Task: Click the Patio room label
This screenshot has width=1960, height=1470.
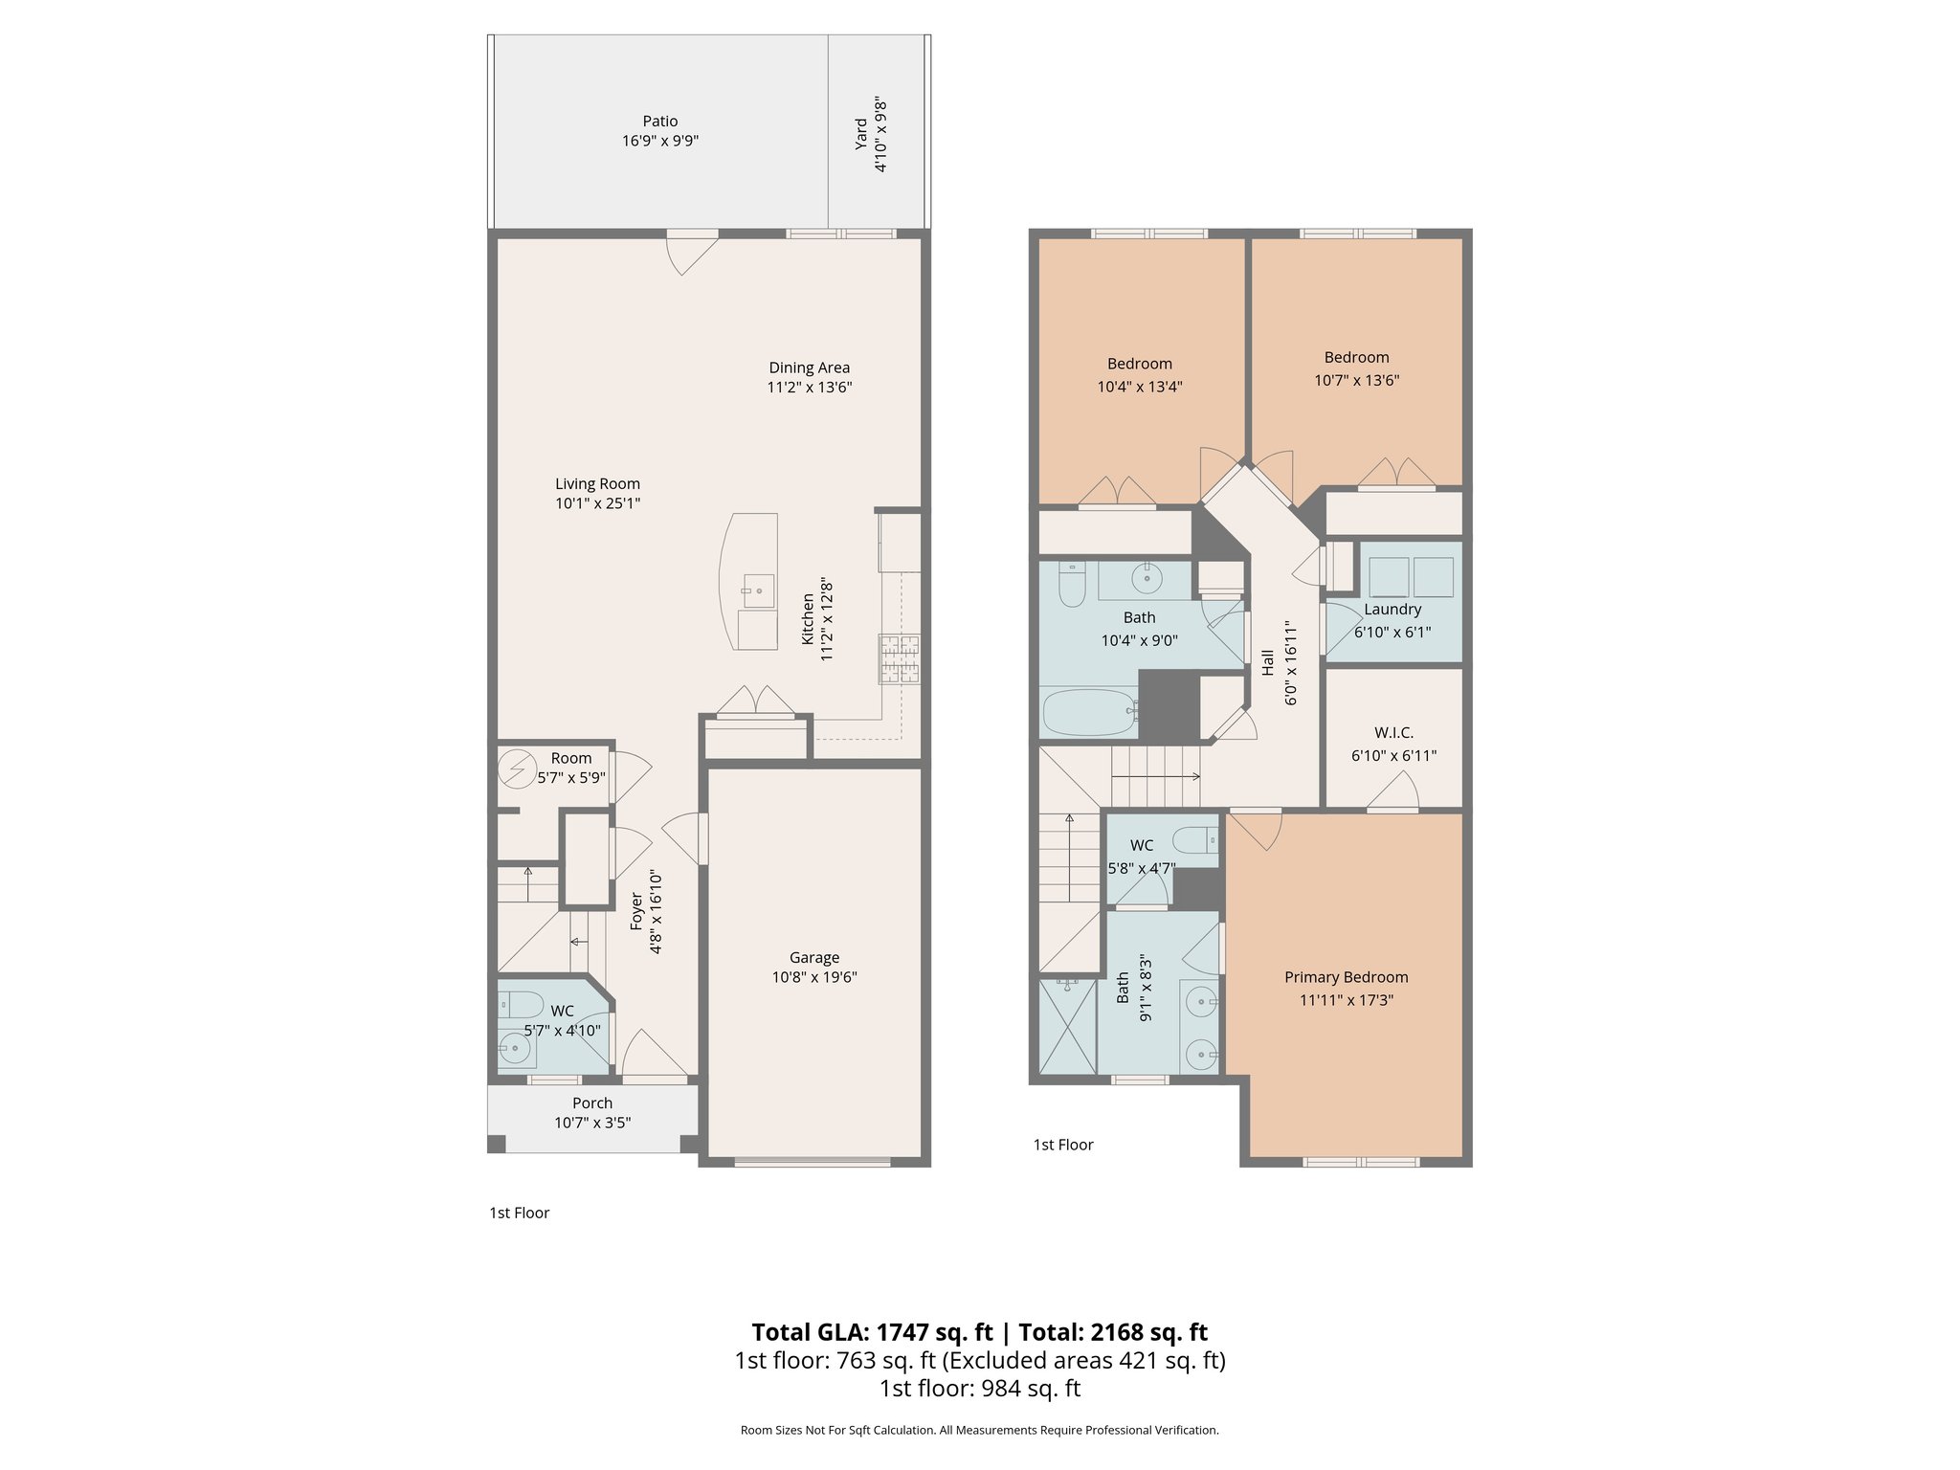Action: tap(659, 122)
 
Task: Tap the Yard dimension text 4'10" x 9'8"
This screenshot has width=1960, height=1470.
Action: tap(881, 134)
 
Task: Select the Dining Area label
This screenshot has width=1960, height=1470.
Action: tap(809, 367)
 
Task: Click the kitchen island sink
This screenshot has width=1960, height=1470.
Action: tap(758, 590)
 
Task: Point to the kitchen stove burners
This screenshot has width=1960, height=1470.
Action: tap(900, 658)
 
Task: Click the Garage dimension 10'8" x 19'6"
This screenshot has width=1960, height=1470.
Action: tap(814, 977)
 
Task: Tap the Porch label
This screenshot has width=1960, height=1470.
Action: tap(592, 1102)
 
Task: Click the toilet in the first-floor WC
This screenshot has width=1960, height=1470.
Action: tap(522, 1004)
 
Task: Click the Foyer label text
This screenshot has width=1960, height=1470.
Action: tap(635, 911)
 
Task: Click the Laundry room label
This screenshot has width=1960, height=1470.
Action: tap(1392, 610)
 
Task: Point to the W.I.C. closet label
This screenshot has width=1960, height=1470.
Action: tap(1393, 732)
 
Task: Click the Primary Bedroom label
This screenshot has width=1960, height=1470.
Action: tap(1346, 977)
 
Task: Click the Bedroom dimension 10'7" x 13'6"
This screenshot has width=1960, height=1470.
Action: tap(1356, 380)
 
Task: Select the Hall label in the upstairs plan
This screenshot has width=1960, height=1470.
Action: tap(1267, 662)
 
